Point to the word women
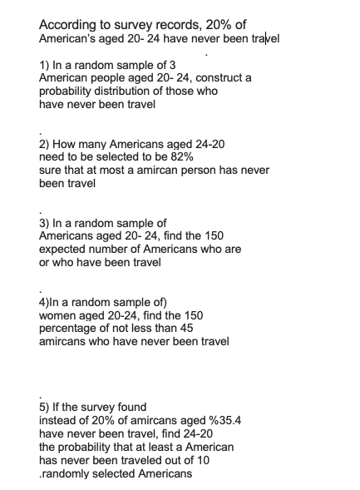[60, 316]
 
